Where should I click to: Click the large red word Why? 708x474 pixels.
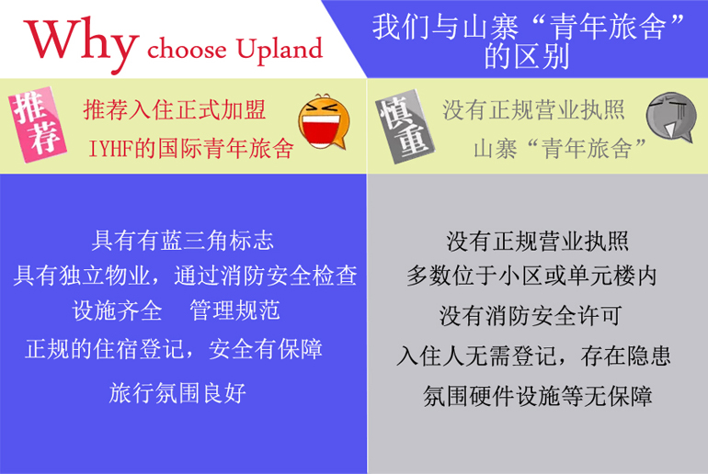pyautogui.click(x=80, y=43)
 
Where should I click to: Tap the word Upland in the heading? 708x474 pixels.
pyautogui.click(x=280, y=50)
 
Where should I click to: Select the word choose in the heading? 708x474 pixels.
pyautogui.click(x=187, y=49)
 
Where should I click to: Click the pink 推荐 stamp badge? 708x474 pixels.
pyautogui.click(x=37, y=124)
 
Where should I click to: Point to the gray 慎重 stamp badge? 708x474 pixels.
pyautogui.click(x=404, y=127)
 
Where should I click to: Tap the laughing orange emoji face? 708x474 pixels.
pyautogui.click(x=324, y=121)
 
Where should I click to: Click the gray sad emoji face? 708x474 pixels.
pyautogui.click(x=670, y=117)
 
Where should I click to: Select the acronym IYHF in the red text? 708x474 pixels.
pyautogui.click(x=110, y=149)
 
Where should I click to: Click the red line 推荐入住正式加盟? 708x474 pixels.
pyautogui.click(x=175, y=110)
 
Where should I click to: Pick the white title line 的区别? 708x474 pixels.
pyautogui.click(x=527, y=57)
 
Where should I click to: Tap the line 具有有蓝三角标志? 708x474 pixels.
pyautogui.click(x=182, y=240)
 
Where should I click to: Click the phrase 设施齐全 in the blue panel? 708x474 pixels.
pyautogui.click(x=117, y=310)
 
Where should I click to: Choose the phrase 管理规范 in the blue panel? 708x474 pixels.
pyautogui.click(x=234, y=310)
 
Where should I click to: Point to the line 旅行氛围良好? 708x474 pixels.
pyautogui.click(x=177, y=393)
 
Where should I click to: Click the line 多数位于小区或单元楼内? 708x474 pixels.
pyautogui.click(x=531, y=275)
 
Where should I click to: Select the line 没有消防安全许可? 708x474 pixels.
pyautogui.click(x=531, y=316)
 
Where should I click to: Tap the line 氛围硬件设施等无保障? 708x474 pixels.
pyautogui.click(x=538, y=397)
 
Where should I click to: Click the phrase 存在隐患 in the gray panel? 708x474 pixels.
pyautogui.click(x=626, y=355)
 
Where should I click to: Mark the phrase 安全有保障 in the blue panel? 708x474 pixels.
pyautogui.click(x=266, y=349)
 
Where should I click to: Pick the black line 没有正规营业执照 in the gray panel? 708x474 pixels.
pyautogui.click(x=537, y=242)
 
